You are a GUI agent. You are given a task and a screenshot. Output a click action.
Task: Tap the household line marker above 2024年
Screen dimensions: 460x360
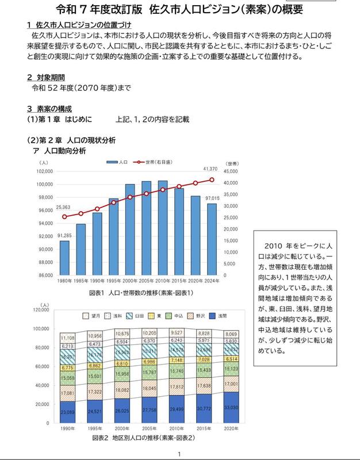(212, 180)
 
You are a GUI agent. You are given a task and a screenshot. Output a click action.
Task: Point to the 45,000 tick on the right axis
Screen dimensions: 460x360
(229, 171)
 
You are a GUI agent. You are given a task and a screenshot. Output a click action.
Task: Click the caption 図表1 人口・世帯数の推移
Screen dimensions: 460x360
(141, 293)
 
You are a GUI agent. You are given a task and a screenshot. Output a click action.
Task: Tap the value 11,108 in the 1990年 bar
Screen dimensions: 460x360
(68, 338)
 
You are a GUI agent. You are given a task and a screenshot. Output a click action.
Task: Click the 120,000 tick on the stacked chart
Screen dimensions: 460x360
(41, 310)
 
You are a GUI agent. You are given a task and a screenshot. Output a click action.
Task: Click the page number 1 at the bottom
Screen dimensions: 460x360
(179, 454)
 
